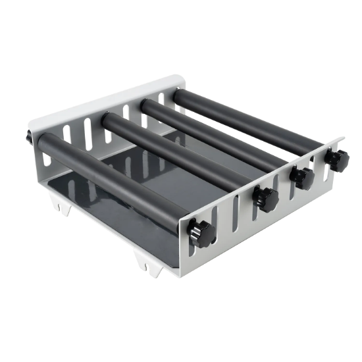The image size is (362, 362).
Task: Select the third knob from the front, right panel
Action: pyautogui.click(x=303, y=176)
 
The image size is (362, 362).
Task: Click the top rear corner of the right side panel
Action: pyautogui.click(x=344, y=138)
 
